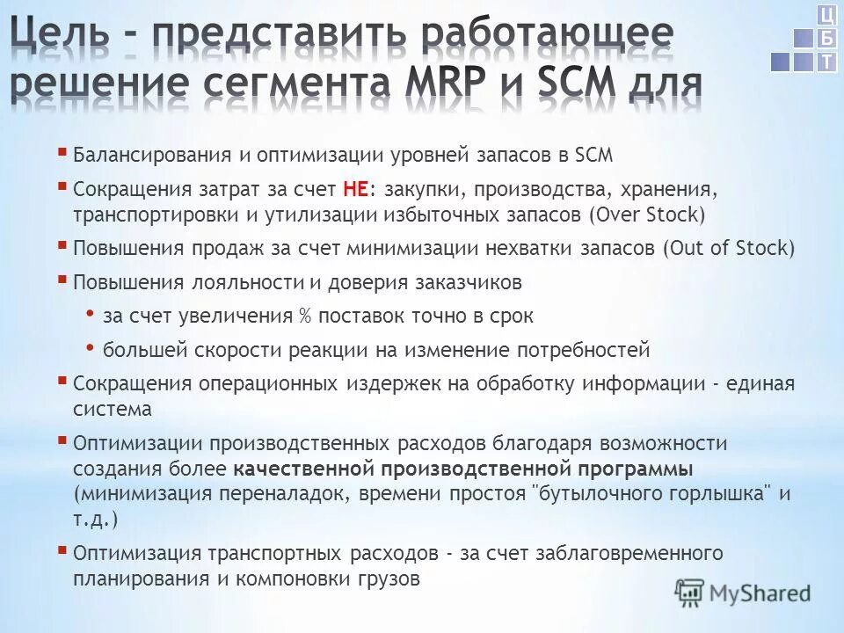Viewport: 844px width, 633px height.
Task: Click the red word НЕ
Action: (x=355, y=187)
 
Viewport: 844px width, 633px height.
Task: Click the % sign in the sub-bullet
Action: (x=306, y=316)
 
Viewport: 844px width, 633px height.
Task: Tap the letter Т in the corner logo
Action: (x=826, y=62)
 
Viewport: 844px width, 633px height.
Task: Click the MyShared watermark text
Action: (x=760, y=593)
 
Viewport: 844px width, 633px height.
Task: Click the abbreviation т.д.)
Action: (x=95, y=519)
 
